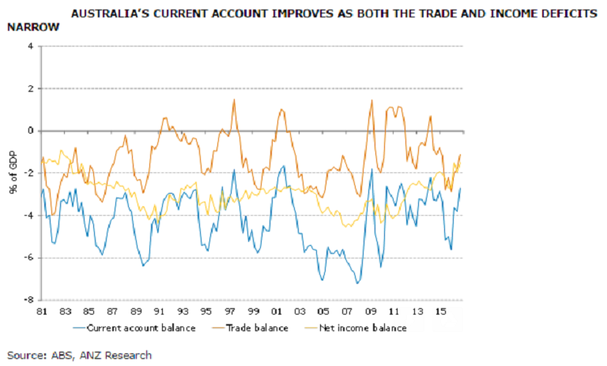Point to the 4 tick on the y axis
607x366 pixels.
click(x=30, y=46)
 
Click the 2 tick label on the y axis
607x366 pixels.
click(x=30, y=89)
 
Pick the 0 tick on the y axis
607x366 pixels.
click(x=30, y=131)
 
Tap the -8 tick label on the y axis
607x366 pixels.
click(x=28, y=300)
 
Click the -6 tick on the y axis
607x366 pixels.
click(x=28, y=258)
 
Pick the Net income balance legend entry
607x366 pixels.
click(x=364, y=327)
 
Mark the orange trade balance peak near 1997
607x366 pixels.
click(x=234, y=100)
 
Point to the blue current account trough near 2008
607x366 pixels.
click(x=357, y=282)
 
